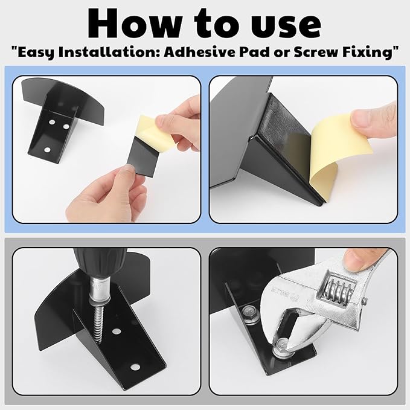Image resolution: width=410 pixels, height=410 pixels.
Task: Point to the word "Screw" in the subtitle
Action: [315, 52]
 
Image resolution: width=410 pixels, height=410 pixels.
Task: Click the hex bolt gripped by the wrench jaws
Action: [282, 345]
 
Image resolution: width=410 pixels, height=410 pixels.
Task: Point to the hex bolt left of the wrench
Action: [249, 314]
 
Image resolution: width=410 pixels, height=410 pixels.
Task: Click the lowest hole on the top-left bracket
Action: [47, 150]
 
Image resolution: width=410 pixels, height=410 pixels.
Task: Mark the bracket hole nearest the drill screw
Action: [117, 332]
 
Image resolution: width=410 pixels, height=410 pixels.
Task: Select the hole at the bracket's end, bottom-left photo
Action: [135, 367]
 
